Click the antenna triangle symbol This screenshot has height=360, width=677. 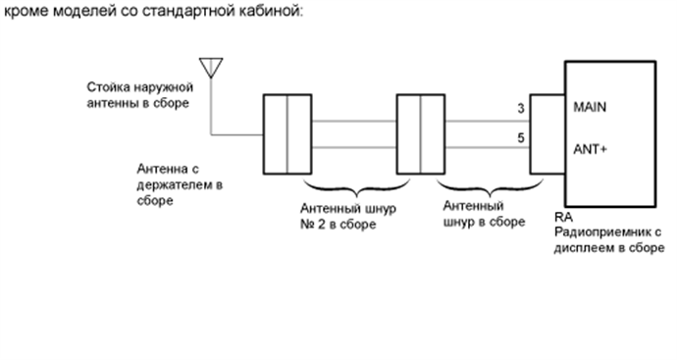(208, 67)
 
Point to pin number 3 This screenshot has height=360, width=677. (520, 109)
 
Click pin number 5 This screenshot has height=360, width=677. (520, 139)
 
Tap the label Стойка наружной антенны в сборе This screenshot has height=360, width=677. (136, 93)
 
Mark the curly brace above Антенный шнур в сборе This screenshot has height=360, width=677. (481, 188)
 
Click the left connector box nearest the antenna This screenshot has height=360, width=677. (286, 132)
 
